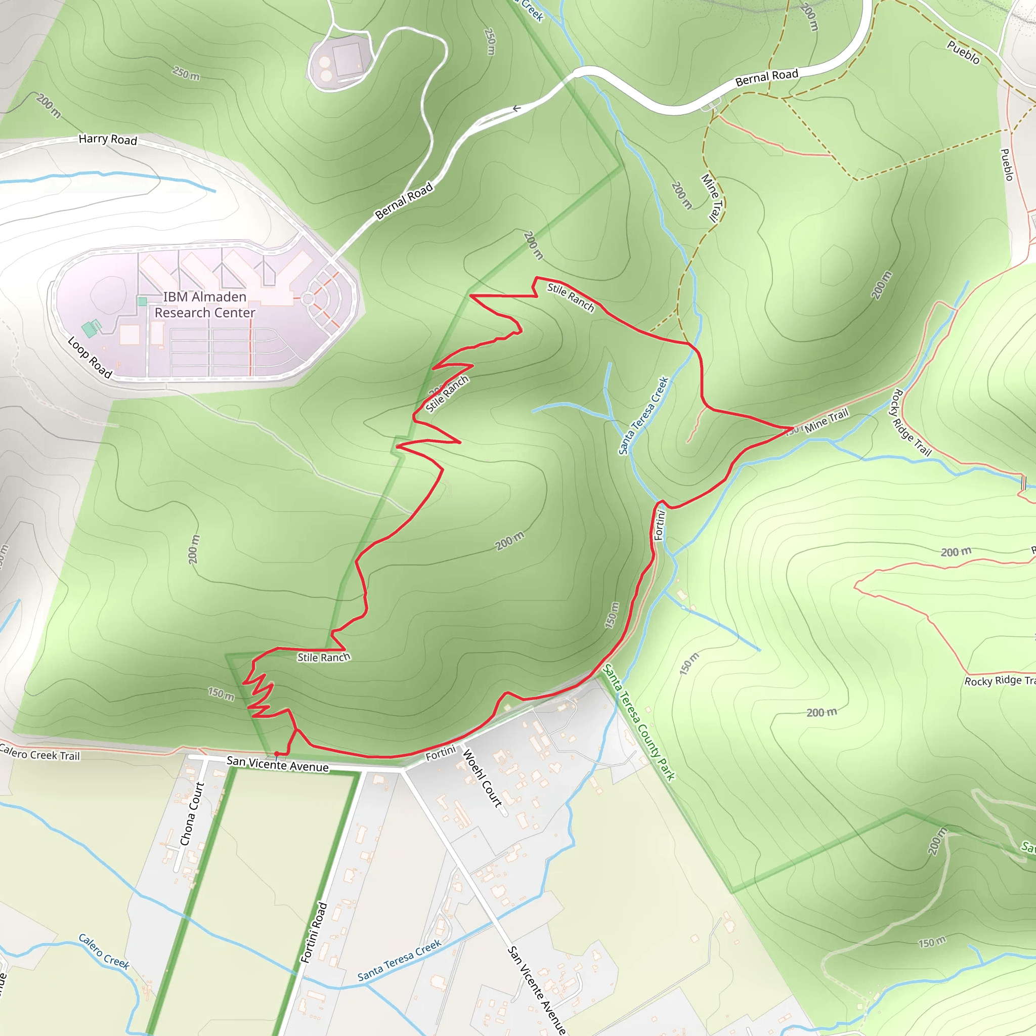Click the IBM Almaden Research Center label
pyautogui.click(x=205, y=305)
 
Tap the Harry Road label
pyautogui.click(x=108, y=140)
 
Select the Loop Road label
pyautogui.click(x=90, y=357)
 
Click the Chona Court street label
pyautogui.click(x=192, y=813)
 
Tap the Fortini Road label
pyautogui.click(x=314, y=932)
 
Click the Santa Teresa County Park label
pyautogui.click(x=639, y=722)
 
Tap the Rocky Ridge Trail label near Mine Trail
pyautogui.click(x=911, y=423)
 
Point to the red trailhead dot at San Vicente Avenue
pyautogui.click(x=276, y=753)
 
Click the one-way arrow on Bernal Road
pyautogui.click(x=516, y=109)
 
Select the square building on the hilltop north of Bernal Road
pyautogui.click(x=347, y=58)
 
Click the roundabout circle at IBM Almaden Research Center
pyautogui.click(x=308, y=298)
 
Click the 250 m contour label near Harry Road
pyautogui.click(x=186, y=73)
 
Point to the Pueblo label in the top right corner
pyautogui.click(x=963, y=52)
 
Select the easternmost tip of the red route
pyautogui.click(x=793, y=428)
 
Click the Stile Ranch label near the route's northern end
pyautogui.click(x=571, y=297)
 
